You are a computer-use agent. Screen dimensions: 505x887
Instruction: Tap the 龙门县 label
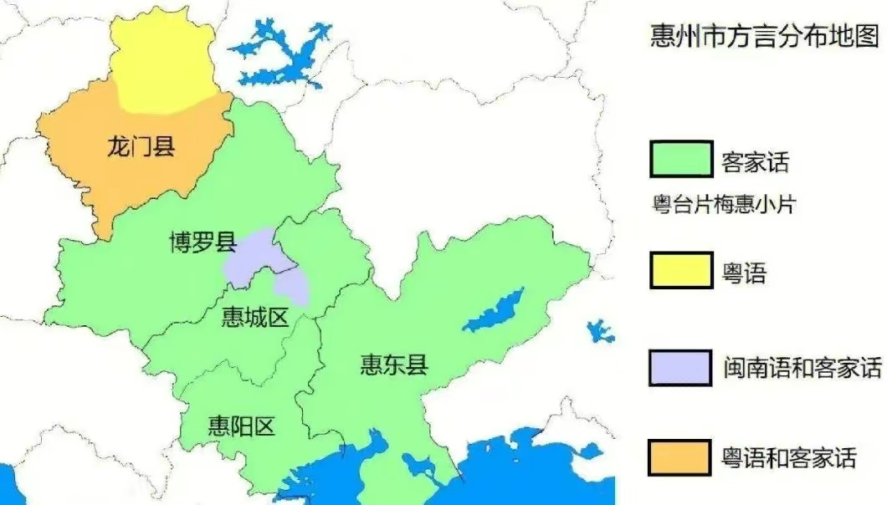pyautogui.click(x=141, y=148)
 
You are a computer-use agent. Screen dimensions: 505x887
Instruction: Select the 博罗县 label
pyautogui.click(x=200, y=243)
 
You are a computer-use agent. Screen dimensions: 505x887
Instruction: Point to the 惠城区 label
pyautogui.click(x=254, y=317)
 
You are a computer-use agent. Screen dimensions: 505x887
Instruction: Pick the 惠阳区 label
pyautogui.click(x=241, y=426)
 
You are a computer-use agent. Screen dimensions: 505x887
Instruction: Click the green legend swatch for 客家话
pyautogui.click(x=680, y=160)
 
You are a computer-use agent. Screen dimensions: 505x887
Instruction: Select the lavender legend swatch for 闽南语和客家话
pyautogui.click(x=680, y=366)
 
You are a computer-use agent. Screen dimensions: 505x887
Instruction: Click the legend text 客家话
pyautogui.click(x=755, y=162)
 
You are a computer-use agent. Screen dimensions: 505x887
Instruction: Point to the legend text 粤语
pyautogui.click(x=743, y=272)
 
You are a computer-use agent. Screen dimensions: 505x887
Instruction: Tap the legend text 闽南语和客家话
pyautogui.click(x=802, y=368)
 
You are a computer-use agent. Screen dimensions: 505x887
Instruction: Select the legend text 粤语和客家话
pyautogui.click(x=789, y=458)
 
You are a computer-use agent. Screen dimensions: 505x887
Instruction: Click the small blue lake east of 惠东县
pyautogui.click(x=599, y=330)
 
